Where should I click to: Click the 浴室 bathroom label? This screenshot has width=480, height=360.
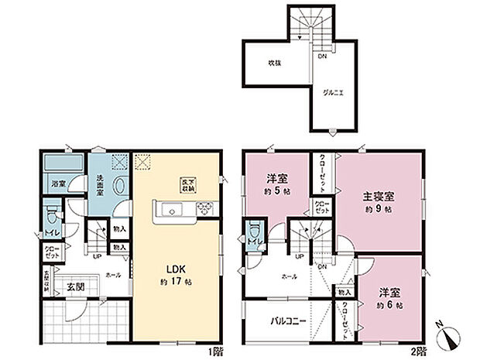tap(58, 184)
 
